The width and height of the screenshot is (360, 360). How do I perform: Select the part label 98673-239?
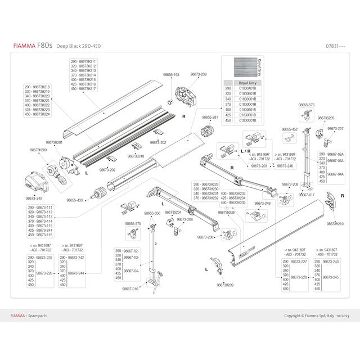199,74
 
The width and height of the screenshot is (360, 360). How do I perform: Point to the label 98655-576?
306,105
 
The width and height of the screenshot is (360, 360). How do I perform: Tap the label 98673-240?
34,198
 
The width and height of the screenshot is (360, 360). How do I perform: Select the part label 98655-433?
75,200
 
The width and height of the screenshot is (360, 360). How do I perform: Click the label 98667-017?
307,195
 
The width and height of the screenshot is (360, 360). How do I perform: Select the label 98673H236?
226,213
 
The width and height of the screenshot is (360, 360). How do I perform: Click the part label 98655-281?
210,118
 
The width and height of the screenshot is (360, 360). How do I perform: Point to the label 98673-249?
262,204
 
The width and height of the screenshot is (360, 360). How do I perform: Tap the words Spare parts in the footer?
39,316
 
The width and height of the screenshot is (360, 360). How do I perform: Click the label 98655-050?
152,213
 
